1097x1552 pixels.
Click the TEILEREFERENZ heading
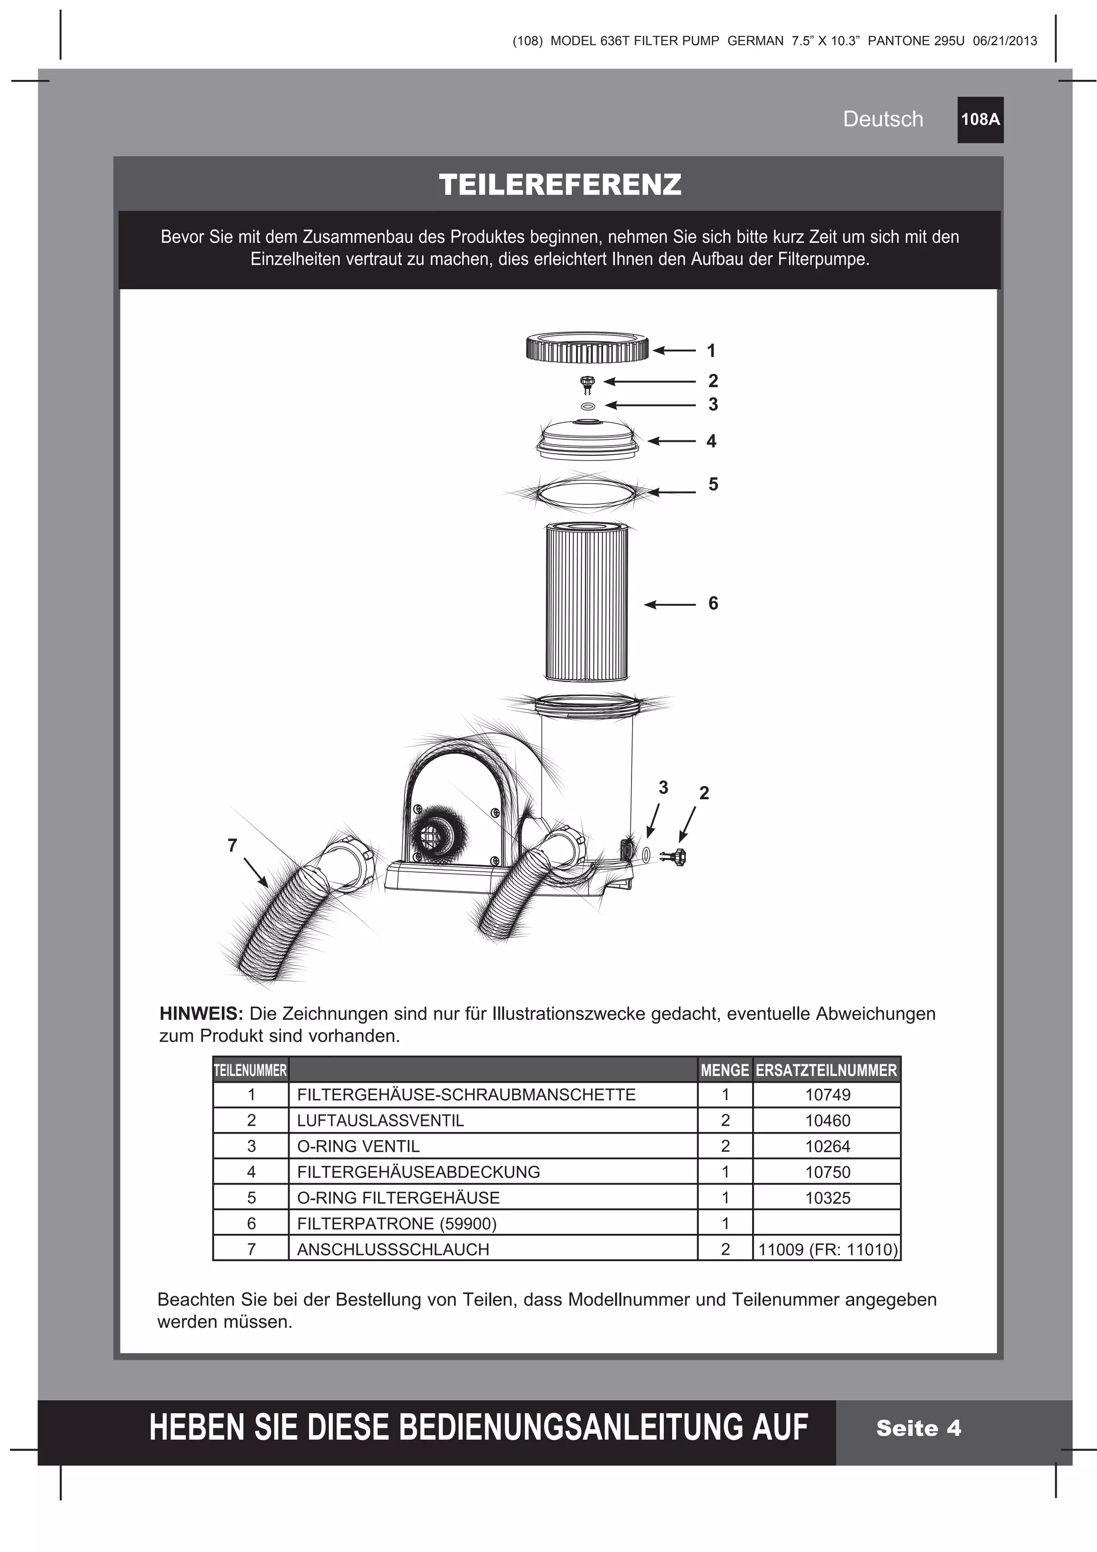[x=560, y=184]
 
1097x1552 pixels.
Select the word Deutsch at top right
[x=882, y=119]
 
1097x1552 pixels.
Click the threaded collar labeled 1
[x=587, y=349]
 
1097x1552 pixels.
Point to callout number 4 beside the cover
[x=711, y=441]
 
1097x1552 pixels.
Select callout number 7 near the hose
[x=232, y=845]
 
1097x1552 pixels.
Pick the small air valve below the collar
[x=587, y=385]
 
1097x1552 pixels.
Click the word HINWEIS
[x=201, y=1014]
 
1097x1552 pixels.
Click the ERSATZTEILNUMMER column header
[x=826, y=1070]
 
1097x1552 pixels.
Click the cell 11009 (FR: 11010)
[x=828, y=1249]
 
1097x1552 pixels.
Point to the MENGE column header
[x=725, y=1070]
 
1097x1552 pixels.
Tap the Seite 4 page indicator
[x=918, y=1428]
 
